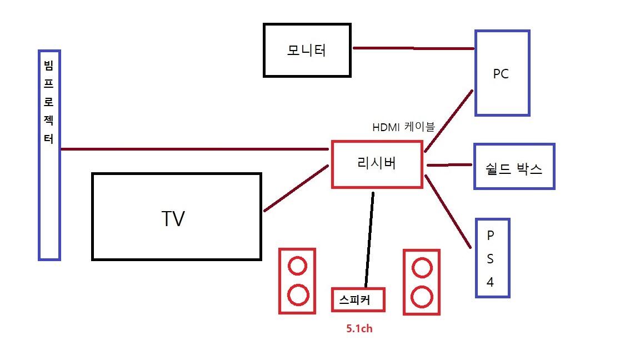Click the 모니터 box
(307, 50)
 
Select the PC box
(502, 73)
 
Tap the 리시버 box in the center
(377, 164)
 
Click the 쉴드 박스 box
(514, 167)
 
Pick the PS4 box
(492, 258)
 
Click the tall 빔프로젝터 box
(49, 156)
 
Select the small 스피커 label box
(358, 300)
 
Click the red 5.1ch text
(359, 329)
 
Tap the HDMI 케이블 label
(403, 127)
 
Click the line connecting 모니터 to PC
(413, 48)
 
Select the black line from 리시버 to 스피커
(369, 239)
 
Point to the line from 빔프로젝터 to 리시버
(194, 149)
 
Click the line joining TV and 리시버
(297, 188)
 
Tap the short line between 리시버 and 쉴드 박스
(449, 165)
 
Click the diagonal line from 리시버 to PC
(449, 121)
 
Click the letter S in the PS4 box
(490, 259)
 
